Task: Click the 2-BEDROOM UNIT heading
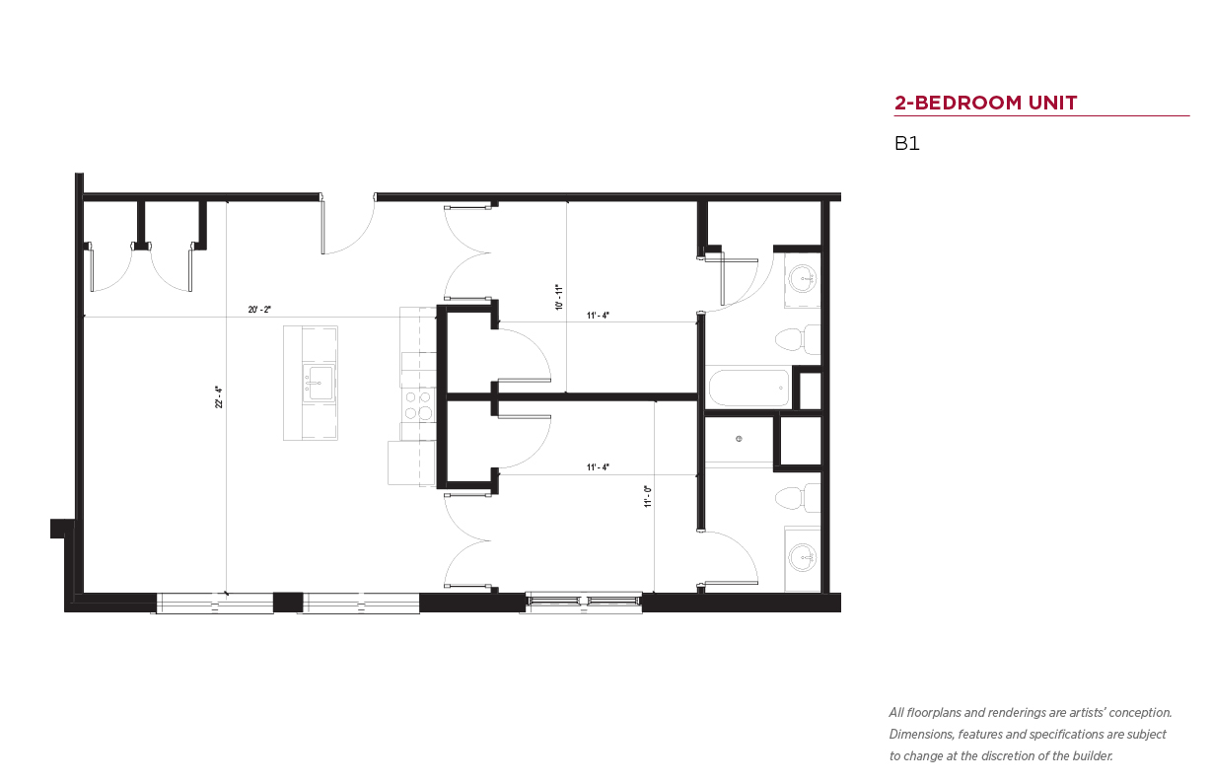tap(985, 103)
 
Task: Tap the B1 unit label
tap(906, 143)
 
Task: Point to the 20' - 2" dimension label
tap(259, 310)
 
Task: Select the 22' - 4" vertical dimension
tap(219, 396)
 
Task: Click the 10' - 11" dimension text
tap(559, 297)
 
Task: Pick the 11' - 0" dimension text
tap(648, 496)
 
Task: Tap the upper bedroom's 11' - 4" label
tap(598, 316)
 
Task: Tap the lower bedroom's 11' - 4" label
tap(598, 467)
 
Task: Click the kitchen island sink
tap(319, 383)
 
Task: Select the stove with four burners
tap(418, 406)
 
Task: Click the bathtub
tap(748, 388)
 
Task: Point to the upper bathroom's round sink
tap(803, 279)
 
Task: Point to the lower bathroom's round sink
tap(803, 557)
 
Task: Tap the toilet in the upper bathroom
tap(798, 339)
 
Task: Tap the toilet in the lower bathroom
tap(798, 497)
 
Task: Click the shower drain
tap(739, 439)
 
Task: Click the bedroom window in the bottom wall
tap(584, 602)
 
